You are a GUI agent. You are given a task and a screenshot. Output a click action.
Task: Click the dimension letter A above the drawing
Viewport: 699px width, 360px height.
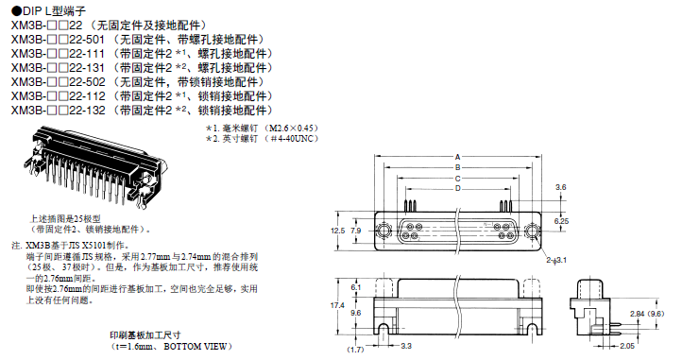point(458,157)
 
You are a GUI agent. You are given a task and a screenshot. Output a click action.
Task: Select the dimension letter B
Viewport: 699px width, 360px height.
point(458,168)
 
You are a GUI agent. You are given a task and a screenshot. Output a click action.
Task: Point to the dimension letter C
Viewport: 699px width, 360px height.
point(458,179)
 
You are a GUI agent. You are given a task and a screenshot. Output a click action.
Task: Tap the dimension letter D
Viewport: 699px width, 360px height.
point(458,189)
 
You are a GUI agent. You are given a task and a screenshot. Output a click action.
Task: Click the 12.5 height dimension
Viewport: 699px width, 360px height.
point(338,231)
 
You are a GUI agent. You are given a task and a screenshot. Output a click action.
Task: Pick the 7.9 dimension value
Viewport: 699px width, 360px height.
point(356,231)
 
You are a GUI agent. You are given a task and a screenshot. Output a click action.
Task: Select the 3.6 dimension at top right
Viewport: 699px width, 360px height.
point(560,187)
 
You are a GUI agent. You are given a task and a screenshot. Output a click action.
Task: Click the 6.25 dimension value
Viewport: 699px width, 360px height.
point(561,221)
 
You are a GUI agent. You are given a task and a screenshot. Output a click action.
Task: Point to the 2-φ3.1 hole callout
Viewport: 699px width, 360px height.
point(556,260)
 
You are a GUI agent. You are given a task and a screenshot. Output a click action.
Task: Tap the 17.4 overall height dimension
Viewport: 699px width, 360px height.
point(337,305)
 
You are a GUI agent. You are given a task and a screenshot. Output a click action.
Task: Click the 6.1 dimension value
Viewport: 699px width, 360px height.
point(356,287)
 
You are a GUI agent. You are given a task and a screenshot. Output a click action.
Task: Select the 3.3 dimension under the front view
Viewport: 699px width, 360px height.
point(406,346)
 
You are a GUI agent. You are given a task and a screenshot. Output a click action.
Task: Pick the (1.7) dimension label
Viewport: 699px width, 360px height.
point(355,350)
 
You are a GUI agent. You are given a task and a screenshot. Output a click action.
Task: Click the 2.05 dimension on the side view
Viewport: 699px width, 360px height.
point(627,346)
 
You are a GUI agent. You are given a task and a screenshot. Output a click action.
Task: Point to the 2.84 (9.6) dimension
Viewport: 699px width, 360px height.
point(647,314)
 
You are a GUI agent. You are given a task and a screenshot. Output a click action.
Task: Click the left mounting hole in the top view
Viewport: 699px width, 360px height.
point(383,231)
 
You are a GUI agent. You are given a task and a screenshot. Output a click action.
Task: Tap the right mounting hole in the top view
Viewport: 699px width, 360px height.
point(532,231)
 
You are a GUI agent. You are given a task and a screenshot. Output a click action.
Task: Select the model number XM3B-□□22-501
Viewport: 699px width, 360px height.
point(59,40)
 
